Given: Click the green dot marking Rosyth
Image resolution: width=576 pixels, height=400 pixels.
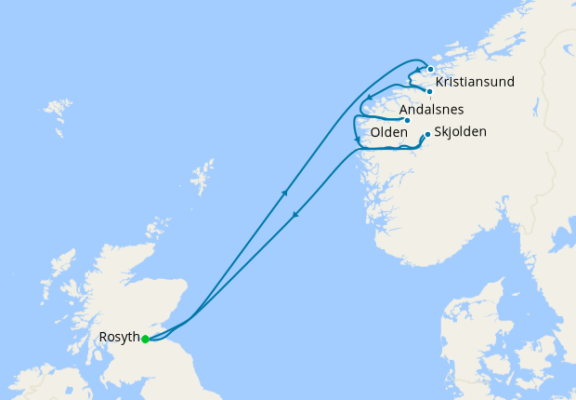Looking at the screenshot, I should (145, 339).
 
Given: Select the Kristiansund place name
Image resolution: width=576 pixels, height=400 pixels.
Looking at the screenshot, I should (475, 83).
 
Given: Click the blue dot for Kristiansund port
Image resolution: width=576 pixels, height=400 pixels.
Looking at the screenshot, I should (431, 69).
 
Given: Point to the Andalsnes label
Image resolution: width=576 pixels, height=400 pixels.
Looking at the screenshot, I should (431, 110).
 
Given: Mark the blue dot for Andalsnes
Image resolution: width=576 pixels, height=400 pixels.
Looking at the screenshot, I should (429, 91).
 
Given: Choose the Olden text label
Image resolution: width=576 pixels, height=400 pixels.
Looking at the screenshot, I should (388, 133).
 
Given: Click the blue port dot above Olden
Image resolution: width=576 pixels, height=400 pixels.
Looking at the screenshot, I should (407, 120).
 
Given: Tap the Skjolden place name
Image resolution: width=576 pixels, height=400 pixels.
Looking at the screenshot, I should (460, 132).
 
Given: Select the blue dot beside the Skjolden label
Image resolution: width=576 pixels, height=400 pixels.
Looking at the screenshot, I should (427, 135).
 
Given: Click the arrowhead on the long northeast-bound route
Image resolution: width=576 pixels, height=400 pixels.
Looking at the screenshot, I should (285, 193).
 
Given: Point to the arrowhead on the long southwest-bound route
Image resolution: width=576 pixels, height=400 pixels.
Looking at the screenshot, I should (295, 215).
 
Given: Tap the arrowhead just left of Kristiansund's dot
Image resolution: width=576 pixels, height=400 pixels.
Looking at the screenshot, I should (417, 71).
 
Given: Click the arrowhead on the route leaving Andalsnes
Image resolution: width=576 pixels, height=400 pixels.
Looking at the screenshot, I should (370, 98).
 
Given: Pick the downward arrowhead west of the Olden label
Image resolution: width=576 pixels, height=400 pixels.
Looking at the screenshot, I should (357, 140).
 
